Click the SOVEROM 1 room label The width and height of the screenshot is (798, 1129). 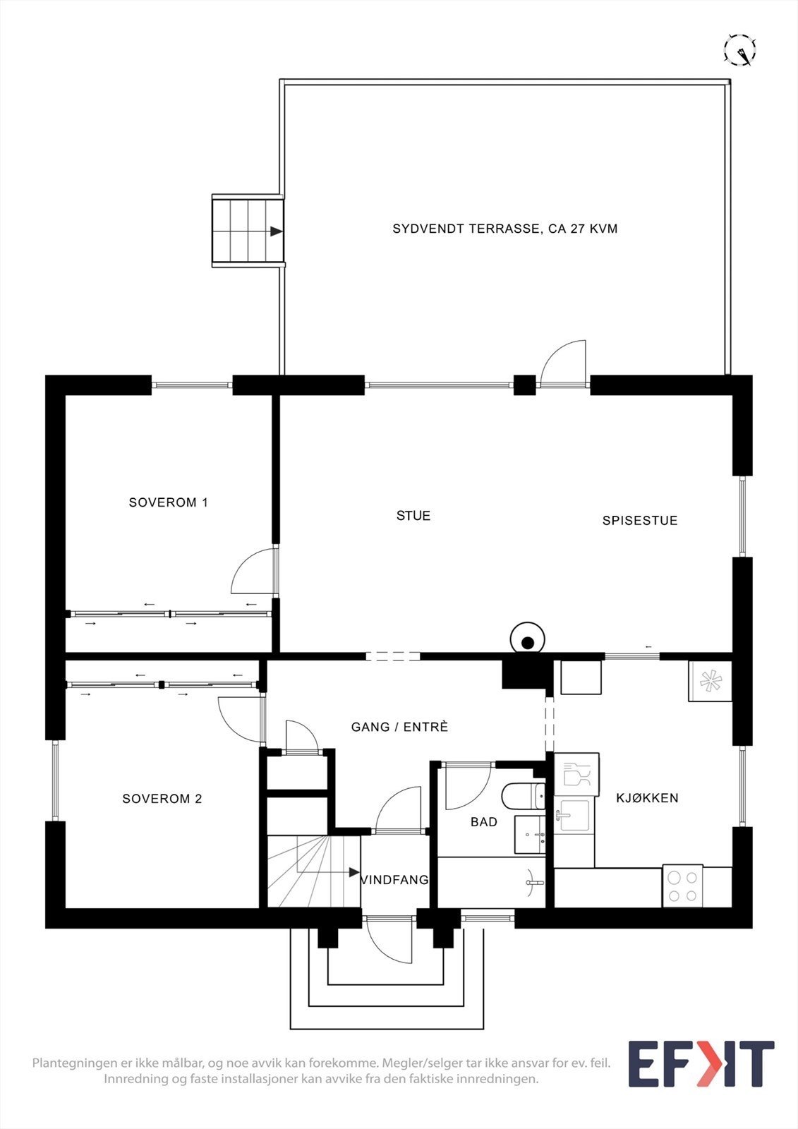pyautogui.click(x=168, y=502)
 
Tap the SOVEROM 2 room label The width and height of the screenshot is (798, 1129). pyautogui.click(x=162, y=799)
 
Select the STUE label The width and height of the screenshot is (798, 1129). pyautogui.click(x=413, y=516)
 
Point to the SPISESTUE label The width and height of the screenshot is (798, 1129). pyautogui.click(x=640, y=521)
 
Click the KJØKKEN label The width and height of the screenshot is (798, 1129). pyautogui.click(x=647, y=798)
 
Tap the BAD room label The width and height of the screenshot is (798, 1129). pyautogui.click(x=484, y=822)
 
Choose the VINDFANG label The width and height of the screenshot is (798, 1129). pyautogui.click(x=395, y=880)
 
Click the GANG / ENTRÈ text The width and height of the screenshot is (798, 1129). pyautogui.click(x=399, y=727)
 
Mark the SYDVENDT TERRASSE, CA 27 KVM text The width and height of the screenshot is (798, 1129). pyautogui.click(x=505, y=229)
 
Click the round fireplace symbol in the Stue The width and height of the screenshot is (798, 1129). pyautogui.click(x=527, y=641)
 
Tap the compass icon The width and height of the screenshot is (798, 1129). pyautogui.click(x=740, y=50)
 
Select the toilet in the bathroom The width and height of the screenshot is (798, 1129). pyautogui.click(x=524, y=797)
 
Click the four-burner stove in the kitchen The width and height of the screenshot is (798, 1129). pyautogui.click(x=682, y=886)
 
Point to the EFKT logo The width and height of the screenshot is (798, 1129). pyautogui.click(x=701, y=1063)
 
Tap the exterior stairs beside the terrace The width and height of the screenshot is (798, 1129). pyautogui.click(x=248, y=231)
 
